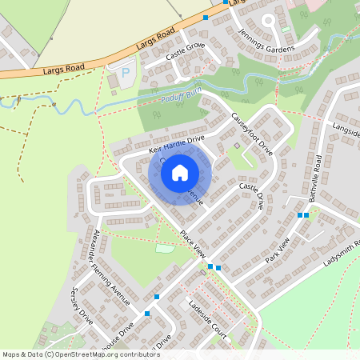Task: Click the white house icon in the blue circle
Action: click(180, 172)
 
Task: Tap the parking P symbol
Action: click(125, 73)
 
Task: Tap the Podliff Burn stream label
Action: click(177, 99)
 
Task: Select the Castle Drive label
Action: click(251, 195)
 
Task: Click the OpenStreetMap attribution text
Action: click(70, 354)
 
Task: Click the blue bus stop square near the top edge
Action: click(206, 17)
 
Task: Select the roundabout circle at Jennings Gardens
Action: click(267, 19)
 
